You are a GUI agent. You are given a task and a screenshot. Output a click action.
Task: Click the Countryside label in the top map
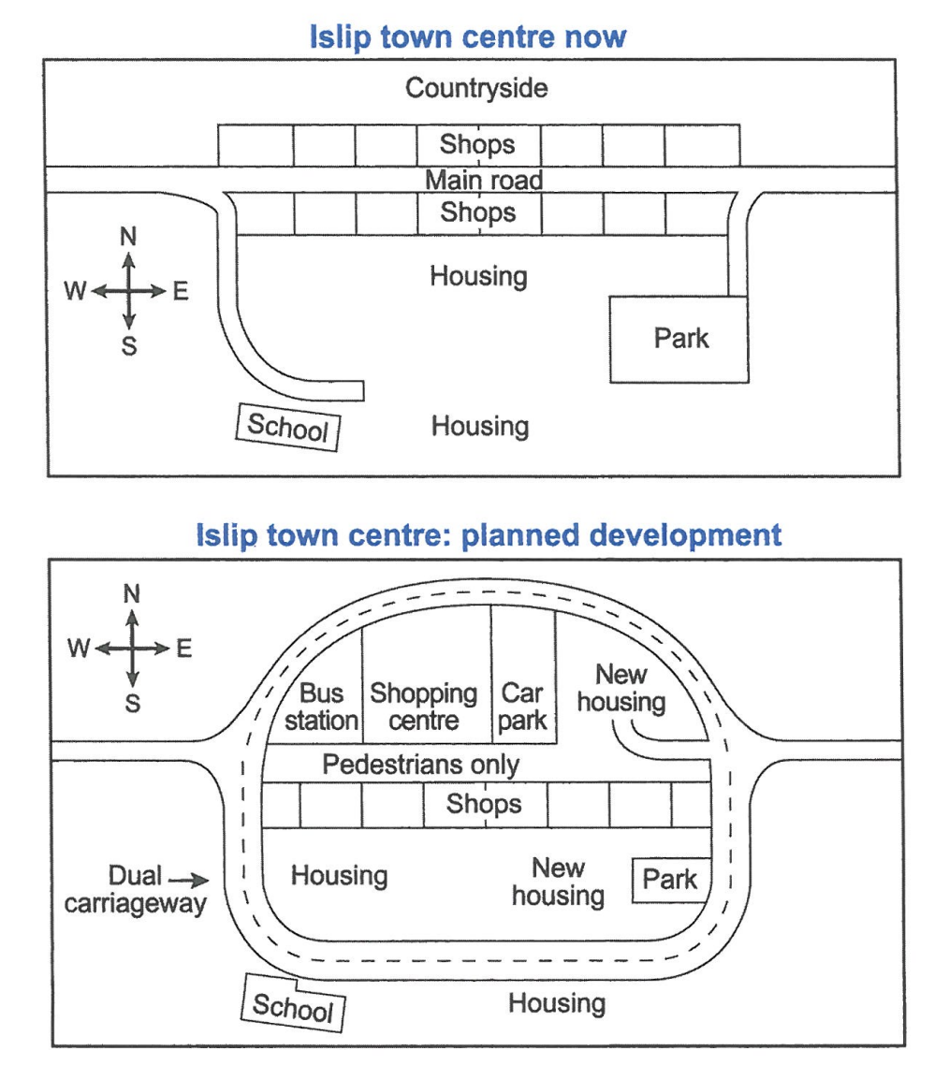point(476,88)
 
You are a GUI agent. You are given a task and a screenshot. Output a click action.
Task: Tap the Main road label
point(484,180)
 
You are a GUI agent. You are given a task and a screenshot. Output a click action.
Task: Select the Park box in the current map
point(679,340)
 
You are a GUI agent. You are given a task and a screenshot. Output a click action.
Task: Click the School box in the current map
point(288,428)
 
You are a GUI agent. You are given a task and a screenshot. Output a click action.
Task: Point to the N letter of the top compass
point(128,237)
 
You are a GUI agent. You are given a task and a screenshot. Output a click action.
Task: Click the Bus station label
point(321,708)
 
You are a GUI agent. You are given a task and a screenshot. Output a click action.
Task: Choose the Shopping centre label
point(424,708)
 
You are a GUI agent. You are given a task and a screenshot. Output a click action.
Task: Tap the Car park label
point(522,708)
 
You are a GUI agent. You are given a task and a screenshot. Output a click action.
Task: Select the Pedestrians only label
point(420,765)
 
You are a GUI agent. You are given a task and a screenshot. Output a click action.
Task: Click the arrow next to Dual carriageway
point(188,881)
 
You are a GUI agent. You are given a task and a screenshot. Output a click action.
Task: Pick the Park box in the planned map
point(671,881)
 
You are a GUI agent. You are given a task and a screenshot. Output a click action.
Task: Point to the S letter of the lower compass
point(133,704)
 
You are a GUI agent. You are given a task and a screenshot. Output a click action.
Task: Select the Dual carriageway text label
point(135,890)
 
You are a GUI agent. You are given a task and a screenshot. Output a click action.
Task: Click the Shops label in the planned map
point(484,804)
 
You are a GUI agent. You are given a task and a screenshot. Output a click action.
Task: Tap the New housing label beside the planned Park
point(559,882)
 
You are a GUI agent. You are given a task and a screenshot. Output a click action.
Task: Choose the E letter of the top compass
point(180,291)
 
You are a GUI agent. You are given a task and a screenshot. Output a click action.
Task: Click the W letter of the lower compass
point(78,648)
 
